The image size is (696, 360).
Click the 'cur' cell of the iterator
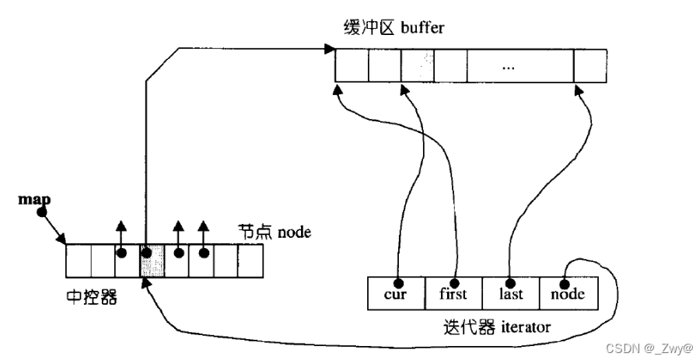point(397,293)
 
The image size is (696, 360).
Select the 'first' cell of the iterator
point(453,293)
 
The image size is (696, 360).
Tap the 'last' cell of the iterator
point(511,293)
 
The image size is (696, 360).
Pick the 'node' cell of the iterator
point(569,293)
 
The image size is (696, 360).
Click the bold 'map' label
point(34,200)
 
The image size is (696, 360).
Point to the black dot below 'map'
point(42,212)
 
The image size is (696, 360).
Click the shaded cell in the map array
point(152,260)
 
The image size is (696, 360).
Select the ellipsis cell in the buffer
point(520,66)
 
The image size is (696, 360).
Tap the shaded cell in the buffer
point(418,66)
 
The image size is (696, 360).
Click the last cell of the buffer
point(590,66)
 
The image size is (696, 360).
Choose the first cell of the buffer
point(351,66)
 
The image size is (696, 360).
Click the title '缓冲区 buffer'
point(393,27)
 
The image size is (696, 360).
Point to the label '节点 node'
point(275,232)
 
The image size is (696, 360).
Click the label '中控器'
point(92,296)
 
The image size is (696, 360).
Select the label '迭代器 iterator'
point(497,327)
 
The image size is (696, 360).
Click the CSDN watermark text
point(649,347)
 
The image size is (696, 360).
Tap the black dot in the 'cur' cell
point(398,283)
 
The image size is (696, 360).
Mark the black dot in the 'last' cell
point(510,283)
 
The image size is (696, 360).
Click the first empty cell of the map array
point(79,260)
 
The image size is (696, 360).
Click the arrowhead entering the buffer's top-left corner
point(330,48)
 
